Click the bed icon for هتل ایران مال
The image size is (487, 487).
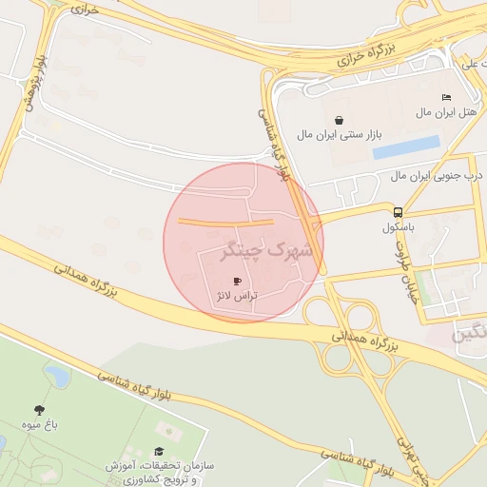pyautogui.click(x=447, y=97)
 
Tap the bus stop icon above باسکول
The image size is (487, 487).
pyautogui.click(x=398, y=212)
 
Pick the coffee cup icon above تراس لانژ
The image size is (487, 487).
pyautogui.click(x=237, y=281)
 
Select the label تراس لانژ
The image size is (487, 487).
pyautogui.click(x=237, y=296)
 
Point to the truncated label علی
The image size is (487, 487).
pyautogui.click(x=473, y=65)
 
